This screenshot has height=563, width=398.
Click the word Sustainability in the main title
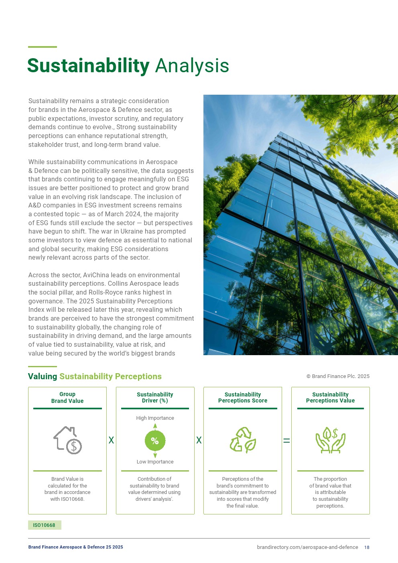click(88, 66)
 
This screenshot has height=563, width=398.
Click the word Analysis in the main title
click(192, 66)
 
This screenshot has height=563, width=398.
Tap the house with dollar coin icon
click(67, 440)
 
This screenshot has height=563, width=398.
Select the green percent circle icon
click(155, 440)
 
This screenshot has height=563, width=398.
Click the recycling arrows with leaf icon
click(243, 440)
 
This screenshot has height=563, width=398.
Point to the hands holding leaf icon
click(330, 440)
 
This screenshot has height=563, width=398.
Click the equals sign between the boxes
click(286, 441)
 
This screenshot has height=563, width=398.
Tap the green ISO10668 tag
click(44, 525)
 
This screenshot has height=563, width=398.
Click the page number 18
click(367, 547)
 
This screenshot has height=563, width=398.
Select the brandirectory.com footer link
click(307, 547)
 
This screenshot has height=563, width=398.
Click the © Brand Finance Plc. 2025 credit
click(338, 376)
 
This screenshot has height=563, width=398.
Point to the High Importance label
click(155, 418)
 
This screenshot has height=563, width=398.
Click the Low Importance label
click(155, 462)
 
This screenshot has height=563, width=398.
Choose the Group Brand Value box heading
click(67, 398)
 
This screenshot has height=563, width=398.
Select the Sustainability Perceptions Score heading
click(243, 398)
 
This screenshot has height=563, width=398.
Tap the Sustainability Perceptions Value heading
click(330, 398)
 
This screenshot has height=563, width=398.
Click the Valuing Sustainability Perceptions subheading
click(95, 376)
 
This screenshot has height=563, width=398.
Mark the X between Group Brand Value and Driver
click(111, 440)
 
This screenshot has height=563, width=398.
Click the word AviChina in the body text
click(97, 275)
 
